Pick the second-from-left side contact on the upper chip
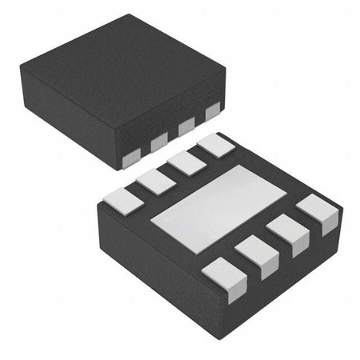coord(159,142)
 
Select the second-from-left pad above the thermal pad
coord(155,181)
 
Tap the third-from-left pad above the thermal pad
coord(186,163)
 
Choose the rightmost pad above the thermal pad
coord(214,145)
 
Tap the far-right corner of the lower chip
coord(342,210)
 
